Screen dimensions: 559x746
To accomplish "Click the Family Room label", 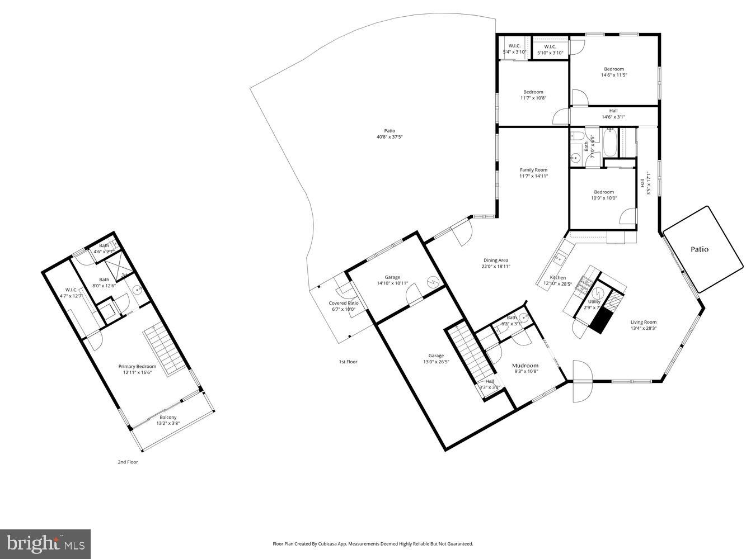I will [x=533, y=170].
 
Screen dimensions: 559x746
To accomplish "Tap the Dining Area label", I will [x=495, y=260].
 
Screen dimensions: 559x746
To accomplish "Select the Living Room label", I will [x=643, y=322].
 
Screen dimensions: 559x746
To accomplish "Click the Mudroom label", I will [x=525, y=366].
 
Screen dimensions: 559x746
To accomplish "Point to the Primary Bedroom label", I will [x=137, y=366].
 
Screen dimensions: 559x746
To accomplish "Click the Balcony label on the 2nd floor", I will [x=168, y=417].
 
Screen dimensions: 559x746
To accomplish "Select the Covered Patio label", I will [x=343, y=303].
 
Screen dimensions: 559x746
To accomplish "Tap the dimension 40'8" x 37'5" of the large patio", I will [x=390, y=137].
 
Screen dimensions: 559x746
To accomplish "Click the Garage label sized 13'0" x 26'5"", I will [x=436, y=356].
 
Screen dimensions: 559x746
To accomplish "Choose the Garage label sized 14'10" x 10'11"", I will [x=392, y=277].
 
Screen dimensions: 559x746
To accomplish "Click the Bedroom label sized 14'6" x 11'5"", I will [x=613, y=69].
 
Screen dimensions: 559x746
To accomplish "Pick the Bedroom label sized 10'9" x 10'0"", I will [x=604, y=192].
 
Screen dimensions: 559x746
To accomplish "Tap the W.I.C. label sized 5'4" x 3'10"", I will [x=514, y=46].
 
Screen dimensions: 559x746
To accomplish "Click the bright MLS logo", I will [x=45, y=543].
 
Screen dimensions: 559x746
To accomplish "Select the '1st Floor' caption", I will [x=348, y=362].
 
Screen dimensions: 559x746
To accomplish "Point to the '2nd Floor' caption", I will [x=128, y=462].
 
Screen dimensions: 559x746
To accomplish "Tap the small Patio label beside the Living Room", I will [x=699, y=249].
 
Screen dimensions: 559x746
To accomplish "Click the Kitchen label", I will [x=557, y=277].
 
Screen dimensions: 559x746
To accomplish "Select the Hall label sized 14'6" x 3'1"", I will [x=613, y=111].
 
